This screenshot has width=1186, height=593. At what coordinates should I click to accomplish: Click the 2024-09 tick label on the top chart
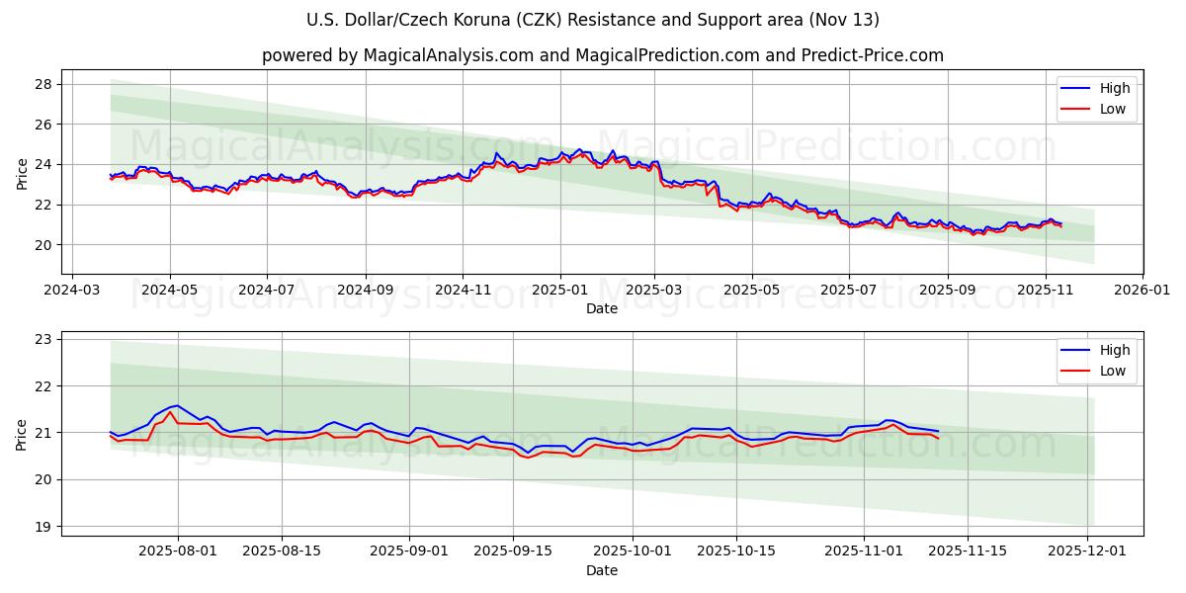[365, 292]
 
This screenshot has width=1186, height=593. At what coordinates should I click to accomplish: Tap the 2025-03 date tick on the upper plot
[654, 292]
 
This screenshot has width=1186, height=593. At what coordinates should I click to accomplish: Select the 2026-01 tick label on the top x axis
[1142, 292]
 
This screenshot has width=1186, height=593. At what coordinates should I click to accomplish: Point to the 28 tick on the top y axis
[43, 84]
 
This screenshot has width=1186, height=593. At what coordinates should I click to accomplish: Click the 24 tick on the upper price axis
[43, 164]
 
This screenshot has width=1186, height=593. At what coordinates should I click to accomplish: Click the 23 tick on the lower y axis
[43, 339]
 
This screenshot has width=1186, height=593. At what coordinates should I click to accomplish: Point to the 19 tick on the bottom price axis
[43, 527]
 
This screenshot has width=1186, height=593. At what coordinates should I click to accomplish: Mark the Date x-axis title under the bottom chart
[601, 570]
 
